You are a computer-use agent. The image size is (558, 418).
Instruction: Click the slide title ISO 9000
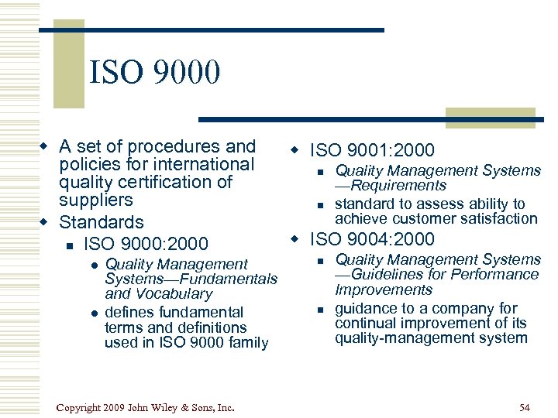pos(155,74)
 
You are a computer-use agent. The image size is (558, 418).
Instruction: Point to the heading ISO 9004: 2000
pos(372,239)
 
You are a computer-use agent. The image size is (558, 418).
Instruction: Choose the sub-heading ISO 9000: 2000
pos(146,244)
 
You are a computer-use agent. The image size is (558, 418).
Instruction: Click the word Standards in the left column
pos(102,223)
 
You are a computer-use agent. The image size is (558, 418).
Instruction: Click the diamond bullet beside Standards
pos(45,223)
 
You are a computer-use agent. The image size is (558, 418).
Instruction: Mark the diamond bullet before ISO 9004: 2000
pos(294,238)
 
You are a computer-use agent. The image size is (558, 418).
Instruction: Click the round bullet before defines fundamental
pos(93,313)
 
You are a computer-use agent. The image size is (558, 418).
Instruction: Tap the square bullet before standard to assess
pos(319,205)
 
